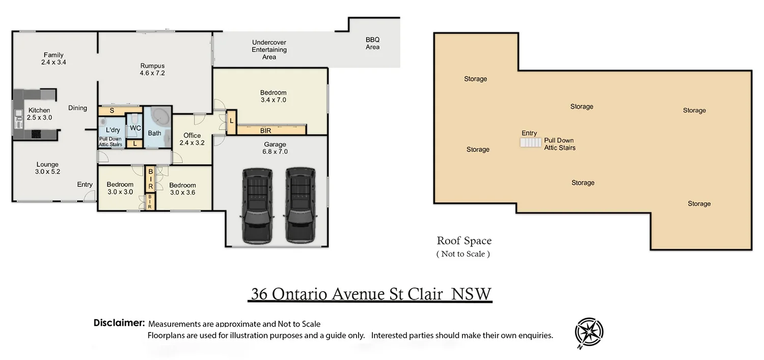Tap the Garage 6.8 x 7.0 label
(275, 148)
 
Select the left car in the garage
(257, 206)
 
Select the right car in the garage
(300, 205)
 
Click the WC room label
(135, 128)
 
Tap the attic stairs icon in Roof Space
(530, 142)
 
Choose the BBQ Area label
(372, 43)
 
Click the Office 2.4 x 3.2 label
(192, 139)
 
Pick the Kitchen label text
(39, 110)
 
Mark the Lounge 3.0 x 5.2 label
(47, 168)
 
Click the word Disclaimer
(119, 322)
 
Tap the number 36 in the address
(259, 294)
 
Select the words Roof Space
(464, 241)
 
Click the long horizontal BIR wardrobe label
(266, 130)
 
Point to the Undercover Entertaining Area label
(269, 50)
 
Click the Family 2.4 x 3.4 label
(53, 59)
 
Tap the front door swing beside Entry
(90, 196)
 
